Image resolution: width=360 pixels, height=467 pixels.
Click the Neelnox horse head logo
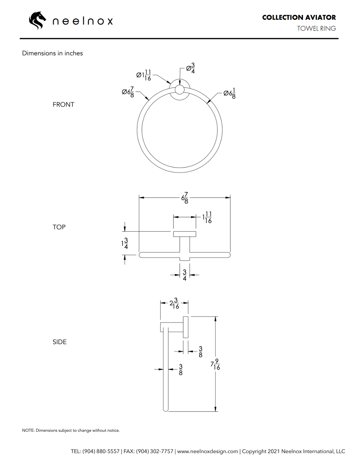point(37,20)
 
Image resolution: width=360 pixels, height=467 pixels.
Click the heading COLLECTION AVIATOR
point(299,17)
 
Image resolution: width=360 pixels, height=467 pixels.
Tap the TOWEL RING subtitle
point(316,28)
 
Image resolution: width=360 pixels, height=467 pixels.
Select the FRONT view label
point(63,104)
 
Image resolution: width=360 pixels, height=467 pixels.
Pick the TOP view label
point(59,227)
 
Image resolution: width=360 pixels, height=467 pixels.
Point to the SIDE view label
point(59,342)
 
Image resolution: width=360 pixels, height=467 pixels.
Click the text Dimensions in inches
point(53,53)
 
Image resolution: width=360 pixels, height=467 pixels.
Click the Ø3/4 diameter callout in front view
point(190,68)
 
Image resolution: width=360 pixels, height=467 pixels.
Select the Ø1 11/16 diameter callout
point(144,75)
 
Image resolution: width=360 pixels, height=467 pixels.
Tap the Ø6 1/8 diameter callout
point(230,93)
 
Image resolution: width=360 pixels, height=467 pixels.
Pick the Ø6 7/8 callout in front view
point(128,92)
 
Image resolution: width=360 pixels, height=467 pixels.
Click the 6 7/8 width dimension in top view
point(185,198)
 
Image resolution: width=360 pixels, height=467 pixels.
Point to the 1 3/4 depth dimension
point(125,244)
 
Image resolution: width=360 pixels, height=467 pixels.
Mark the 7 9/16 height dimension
point(215,364)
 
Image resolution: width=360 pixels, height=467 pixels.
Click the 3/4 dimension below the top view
point(185,275)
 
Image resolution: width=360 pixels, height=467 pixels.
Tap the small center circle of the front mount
point(180,90)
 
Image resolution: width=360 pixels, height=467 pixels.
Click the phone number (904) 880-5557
point(101,452)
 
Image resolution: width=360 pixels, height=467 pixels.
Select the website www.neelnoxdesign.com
point(208,452)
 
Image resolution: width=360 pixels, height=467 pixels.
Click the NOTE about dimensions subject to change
point(71,430)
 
